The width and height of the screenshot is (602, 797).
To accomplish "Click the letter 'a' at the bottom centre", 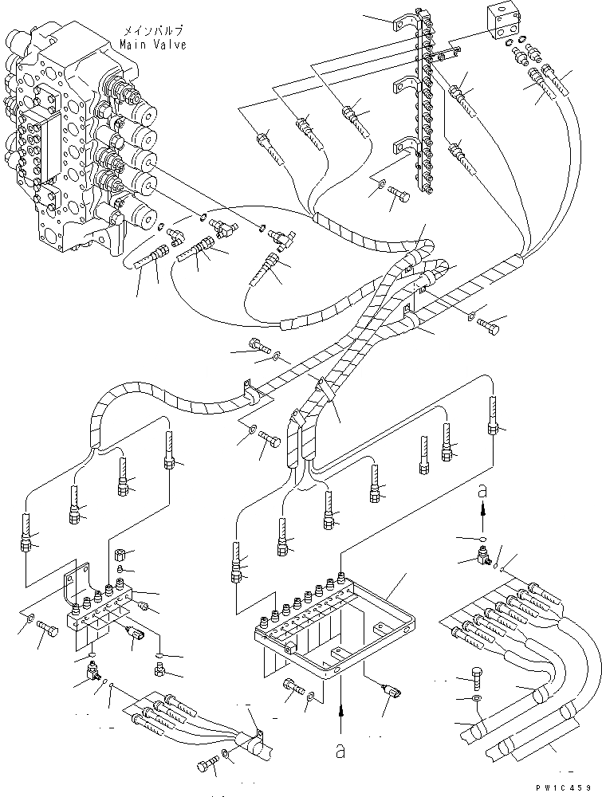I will click(x=340, y=749).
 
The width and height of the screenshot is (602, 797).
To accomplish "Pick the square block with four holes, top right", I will click(x=501, y=24).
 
